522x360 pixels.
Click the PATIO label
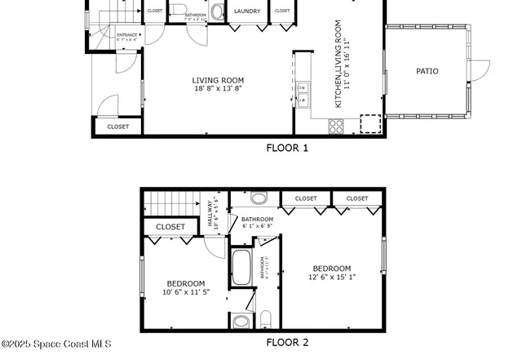[427, 72]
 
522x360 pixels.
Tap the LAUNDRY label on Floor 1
[247, 11]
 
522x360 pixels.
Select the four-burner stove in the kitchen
[335, 126]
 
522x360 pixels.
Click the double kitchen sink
[303, 94]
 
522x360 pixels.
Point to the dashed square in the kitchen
[370, 123]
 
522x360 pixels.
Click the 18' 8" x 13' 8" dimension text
[218, 88]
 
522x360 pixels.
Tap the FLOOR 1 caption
[287, 148]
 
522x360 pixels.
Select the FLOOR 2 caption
[287, 343]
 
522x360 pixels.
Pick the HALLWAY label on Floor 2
[210, 213]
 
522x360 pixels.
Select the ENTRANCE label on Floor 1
[127, 35]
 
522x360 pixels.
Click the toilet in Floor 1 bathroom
[217, 11]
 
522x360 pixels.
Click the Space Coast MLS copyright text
[55, 344]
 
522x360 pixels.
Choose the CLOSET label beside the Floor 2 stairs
[170, 227]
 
